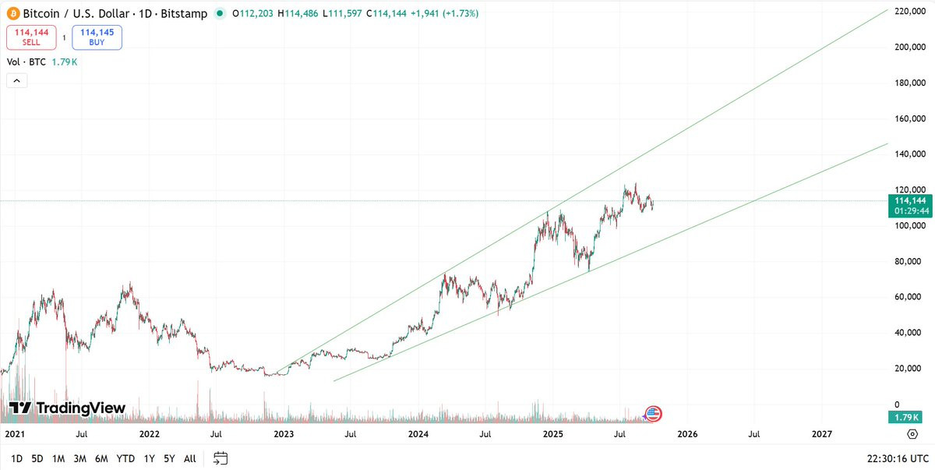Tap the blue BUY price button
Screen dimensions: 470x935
coord(97,37)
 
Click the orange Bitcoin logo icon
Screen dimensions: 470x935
coord(12,13)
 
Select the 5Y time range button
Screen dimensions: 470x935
coord(170,458)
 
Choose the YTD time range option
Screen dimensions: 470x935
coord(125,458)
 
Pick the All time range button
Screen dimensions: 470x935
coord(189,458)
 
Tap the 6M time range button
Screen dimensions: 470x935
coord(101,458)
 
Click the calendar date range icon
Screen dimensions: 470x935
coord(221,458)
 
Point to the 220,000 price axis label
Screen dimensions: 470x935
coord(909,12)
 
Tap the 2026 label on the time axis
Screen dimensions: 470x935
coord(686,433)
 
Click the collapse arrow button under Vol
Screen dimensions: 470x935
coord(16,80)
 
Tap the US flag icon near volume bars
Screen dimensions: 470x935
coord(653,414)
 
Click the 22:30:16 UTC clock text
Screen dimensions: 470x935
coord(897,458)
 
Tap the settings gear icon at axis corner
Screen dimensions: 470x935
coord(912,433)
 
